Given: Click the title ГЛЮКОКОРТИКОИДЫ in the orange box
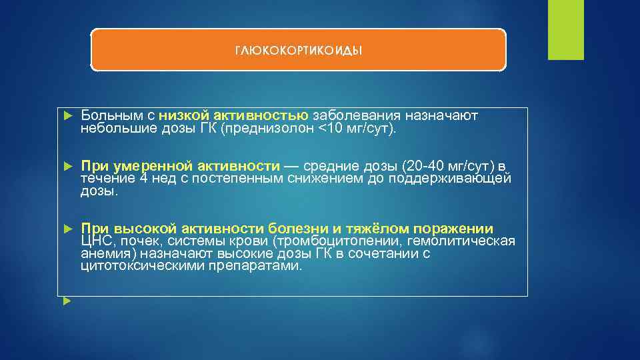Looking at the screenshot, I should click(x=298, y=51).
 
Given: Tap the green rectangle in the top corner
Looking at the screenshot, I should click(x=565, y=29).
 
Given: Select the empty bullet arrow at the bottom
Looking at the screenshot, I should click(x=67, y=301).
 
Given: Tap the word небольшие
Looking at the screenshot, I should click(x=117, y=128).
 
